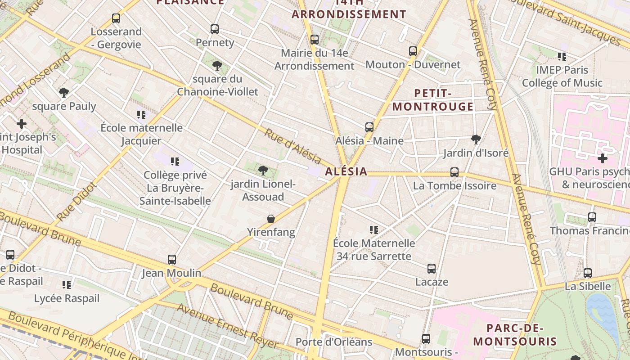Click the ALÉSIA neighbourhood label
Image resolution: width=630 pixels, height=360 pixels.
(x=346, y=171)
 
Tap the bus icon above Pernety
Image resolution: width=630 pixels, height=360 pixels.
(x=215, y=29)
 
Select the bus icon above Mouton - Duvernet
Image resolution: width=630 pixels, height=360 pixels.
(x=413, y=51)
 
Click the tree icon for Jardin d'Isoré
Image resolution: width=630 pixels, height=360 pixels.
(x=476, y=139)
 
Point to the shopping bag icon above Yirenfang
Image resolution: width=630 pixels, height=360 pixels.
(x=271, y=219)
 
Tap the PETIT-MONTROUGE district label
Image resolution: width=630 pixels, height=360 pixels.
(x=433, y=100)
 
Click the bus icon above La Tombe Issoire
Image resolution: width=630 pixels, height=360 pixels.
(x=454, y=172)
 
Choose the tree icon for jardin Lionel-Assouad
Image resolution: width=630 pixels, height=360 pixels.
(x=263, y=171)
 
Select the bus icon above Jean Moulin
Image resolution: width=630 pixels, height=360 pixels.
(x=172, y=260)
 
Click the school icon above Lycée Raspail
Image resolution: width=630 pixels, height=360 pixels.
(x=67, y=285)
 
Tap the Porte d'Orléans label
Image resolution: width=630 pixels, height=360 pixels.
(x=334, y=342)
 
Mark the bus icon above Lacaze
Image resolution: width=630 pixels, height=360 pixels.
(x=432, y=269)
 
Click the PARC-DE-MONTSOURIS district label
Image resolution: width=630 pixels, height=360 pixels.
(x=515, y=335)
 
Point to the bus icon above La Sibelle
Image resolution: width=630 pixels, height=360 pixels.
(x=588, y=273)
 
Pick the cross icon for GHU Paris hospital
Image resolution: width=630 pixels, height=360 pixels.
(x=602, y=158)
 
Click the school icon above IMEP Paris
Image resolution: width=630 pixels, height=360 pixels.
(x=562, y=57)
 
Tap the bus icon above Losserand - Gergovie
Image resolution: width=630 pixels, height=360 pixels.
(x=116, y=18)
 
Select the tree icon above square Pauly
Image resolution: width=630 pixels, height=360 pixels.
(x=64, y=93)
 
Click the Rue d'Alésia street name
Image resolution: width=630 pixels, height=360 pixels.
(x=292, y=147)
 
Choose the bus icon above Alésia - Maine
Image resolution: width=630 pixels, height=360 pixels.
(x=369, y=127)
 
